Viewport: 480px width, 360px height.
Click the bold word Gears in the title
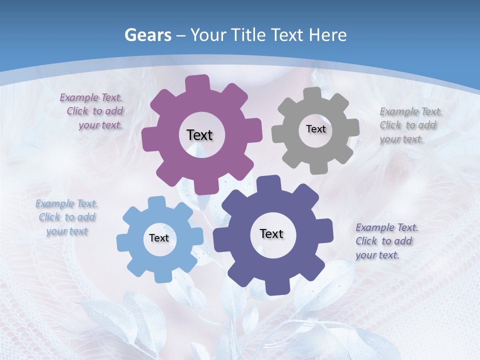coord(148,35)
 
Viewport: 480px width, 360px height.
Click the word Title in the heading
coord(248,35)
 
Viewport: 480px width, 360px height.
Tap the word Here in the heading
coord(327,35)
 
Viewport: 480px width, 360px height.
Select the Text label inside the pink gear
coord(199,135)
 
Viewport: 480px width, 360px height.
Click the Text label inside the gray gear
coord(315,129)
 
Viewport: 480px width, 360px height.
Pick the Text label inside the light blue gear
coord(159,238)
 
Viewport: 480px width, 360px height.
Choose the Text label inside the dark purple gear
coord(271,233)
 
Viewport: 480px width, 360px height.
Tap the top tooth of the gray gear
coord(312,93)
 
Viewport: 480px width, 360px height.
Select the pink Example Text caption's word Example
coord(79,97)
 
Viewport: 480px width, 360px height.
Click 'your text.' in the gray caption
coord(401,139)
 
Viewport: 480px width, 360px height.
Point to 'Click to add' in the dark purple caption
coord(383,241)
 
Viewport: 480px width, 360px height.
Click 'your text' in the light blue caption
coord(67,231)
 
